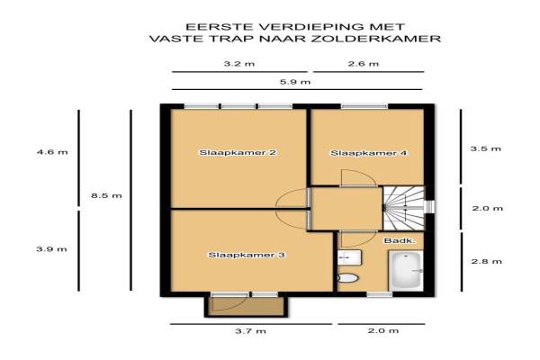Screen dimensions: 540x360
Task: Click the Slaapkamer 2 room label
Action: (x=238, y=152)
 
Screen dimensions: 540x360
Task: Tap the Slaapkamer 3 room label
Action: (x=247, y=255)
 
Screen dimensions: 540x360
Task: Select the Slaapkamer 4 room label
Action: (x=369, y=153)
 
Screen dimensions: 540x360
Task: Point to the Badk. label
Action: (x=400, y=241)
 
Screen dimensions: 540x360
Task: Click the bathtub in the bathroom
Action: (x=406, y=270)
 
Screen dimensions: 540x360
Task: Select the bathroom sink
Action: (x=349, y=257)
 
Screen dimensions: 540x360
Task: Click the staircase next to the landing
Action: (x=404, y=208)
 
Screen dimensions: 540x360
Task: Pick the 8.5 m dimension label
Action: (x=106, y=195)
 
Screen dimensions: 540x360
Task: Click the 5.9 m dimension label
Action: (x=295, y=82)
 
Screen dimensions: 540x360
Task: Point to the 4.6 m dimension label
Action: (x=52, y=152)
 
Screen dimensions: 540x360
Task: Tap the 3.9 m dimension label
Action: (x=51, y=249)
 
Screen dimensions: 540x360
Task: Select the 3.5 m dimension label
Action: (x=486, y=148)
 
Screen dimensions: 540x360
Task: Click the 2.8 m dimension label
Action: (x=486, y=262)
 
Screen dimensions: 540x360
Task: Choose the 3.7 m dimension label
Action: (x=251, y=331)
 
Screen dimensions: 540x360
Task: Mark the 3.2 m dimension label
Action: (x=239, y=64)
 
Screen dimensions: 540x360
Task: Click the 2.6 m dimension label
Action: (x=364, y=64)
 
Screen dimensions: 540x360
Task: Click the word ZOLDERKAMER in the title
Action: (x=376, y=38)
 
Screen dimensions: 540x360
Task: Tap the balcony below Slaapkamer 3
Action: (x=246, y=307)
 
